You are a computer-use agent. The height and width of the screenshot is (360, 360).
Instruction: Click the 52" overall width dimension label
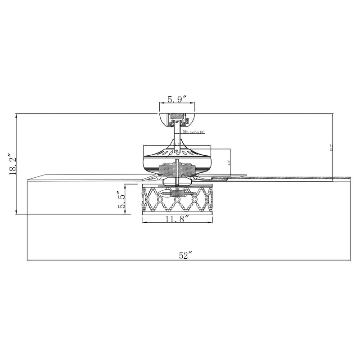185,255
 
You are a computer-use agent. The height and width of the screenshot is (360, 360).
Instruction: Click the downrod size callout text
193,132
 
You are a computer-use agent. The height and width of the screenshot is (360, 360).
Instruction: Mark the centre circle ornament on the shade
177,199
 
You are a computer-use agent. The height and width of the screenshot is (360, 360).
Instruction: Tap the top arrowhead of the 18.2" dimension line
16,114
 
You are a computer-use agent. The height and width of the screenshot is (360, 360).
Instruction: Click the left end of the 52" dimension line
28,261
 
